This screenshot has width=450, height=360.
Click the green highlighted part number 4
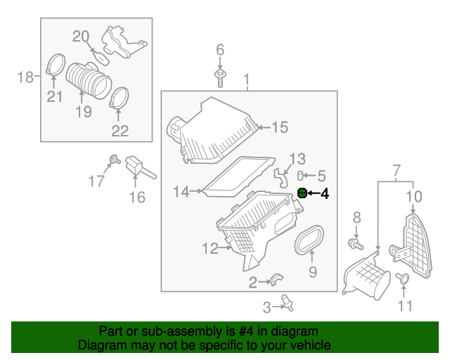tap(302, 193)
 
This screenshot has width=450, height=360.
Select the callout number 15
tap(280, 127)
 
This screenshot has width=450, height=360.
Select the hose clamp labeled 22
tap(120, 98)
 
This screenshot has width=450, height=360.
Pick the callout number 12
tap(210, 248)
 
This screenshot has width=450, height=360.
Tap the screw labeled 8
tap(355, 244)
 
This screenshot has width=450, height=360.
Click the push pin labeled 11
tap(403, 279)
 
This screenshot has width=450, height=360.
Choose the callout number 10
tap(414, 196)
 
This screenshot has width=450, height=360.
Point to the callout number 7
tap(396, 170)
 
